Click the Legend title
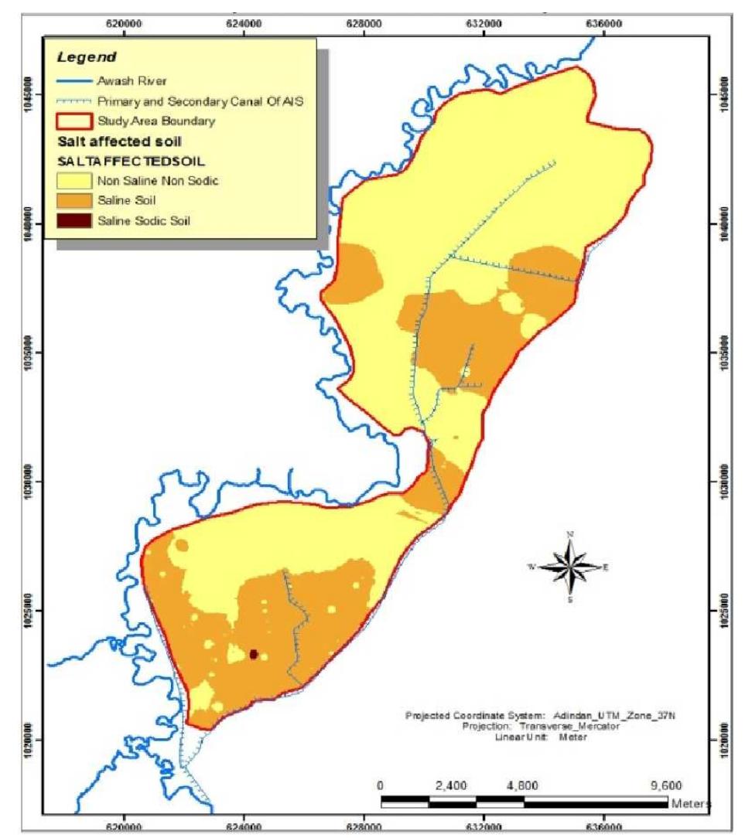[x=86, y=57]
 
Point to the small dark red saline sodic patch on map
[x=254, y=654]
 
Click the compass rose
[x=569, y=567]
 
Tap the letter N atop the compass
[x=570, y=534]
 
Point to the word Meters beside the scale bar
[x=691, y=804]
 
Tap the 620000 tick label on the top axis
[x=125, y=24]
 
